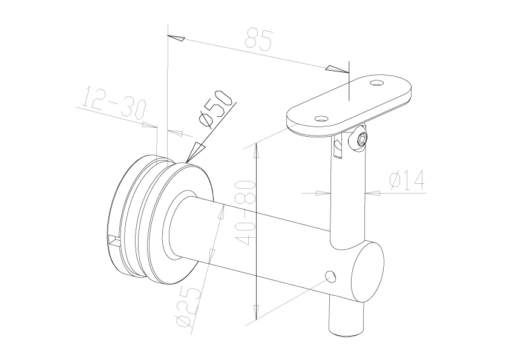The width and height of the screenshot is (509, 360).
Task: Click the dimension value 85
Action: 259,39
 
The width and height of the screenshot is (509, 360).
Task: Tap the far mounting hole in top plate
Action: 377,83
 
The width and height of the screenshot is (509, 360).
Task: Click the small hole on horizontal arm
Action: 330,277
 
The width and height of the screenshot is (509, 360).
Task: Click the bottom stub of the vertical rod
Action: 346,321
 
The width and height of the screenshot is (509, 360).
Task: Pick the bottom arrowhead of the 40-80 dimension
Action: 257,312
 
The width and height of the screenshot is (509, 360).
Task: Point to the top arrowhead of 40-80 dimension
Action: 257,150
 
